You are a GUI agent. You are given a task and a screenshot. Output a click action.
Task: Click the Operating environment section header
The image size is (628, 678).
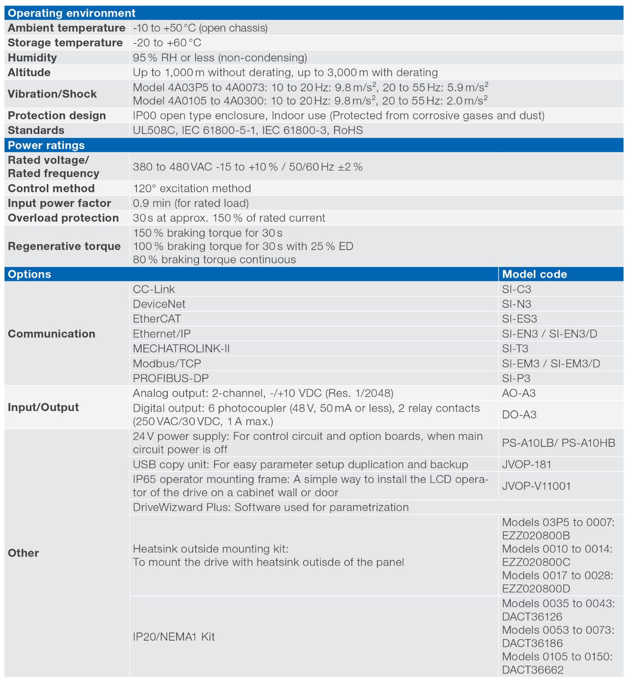pos(72,13)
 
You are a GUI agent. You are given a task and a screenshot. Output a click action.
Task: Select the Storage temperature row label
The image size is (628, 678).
pos(65,43)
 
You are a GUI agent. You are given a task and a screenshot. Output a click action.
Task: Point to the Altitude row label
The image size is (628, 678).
pos(29,73)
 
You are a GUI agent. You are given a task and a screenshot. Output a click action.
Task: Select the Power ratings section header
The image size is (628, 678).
pos(46,145)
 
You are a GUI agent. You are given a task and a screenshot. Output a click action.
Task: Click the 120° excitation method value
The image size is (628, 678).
pos(192,189)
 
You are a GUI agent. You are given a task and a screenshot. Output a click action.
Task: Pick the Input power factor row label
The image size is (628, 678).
pos(59,203)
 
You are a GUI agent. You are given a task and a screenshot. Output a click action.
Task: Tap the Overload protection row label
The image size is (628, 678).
pos(63,218)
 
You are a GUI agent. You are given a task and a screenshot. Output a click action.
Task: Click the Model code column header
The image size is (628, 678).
pos(534,274)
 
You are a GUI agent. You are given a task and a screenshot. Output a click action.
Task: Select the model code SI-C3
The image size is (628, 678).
pos(517,290)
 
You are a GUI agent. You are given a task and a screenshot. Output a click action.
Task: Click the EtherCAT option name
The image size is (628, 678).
pos(157,319)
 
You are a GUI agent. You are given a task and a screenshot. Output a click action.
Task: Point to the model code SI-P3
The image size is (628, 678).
pos(516,379)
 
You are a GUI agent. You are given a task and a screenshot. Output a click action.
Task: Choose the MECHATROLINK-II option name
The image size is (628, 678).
pos(181,349)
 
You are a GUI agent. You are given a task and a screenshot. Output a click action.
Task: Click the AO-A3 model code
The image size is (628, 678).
pos(519,393)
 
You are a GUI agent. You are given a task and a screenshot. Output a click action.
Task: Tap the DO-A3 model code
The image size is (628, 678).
pos(519,415)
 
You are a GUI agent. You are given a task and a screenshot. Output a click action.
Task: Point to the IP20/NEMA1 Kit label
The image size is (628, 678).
pos(174,637)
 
